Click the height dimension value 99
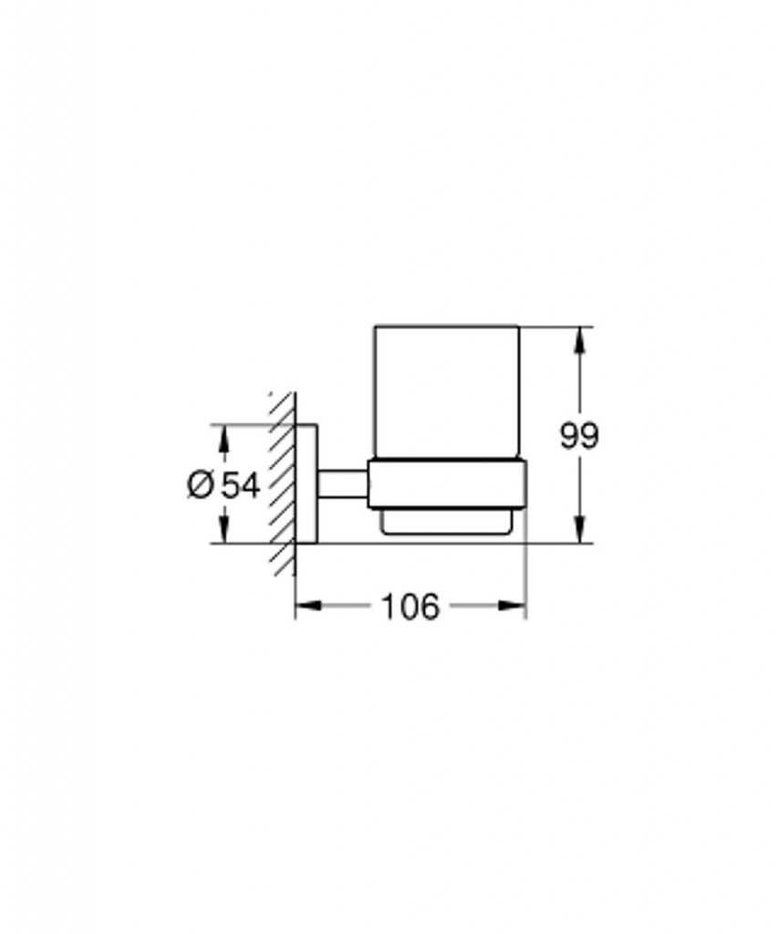pos(579,437)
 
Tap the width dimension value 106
pos(410,607)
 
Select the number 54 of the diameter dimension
pos(242,485)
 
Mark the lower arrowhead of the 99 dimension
pos(579,533)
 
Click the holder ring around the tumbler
pos(447,483)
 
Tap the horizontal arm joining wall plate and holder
pos(342,483)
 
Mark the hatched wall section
pos(283,483)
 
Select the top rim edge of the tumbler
pos(447,326)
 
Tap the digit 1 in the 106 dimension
pos(389,607)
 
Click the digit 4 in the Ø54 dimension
pos(252,485)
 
